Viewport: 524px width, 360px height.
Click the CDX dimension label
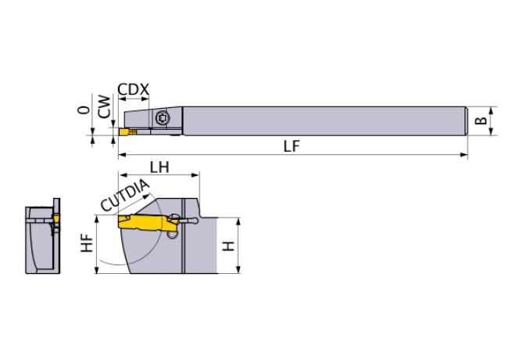(133, 89)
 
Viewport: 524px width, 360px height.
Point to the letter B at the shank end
(482, 121)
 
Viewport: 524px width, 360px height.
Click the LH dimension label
(160, 167)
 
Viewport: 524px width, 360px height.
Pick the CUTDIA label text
(124, 196)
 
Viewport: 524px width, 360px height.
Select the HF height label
(87, 244)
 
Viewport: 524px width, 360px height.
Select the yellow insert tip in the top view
(124, 134)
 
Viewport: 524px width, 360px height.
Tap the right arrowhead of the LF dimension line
(465, 155)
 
